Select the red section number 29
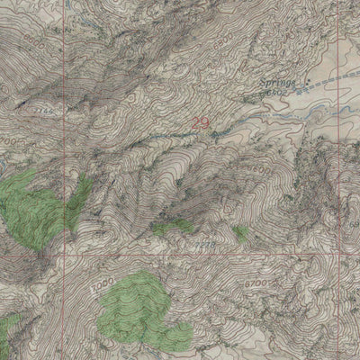[x=201, y=122]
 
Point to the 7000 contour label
[x=104, y=285]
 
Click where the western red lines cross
[x=63, y=254]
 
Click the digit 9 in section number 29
[x=206, y=122]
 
